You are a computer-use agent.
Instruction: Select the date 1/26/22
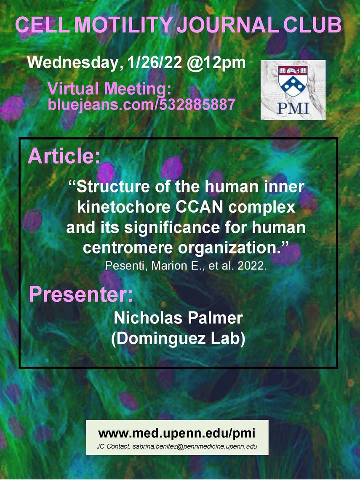click(153, 63)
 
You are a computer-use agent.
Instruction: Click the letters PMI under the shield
click(293, 108)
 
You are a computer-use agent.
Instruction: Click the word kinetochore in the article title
click(124, 207)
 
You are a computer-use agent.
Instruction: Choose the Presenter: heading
click(81, 294)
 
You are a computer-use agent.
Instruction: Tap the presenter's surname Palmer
click(215, 318)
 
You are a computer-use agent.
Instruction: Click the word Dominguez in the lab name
click(159, 339)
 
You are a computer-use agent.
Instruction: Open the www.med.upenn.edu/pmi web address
click(177, 433)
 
